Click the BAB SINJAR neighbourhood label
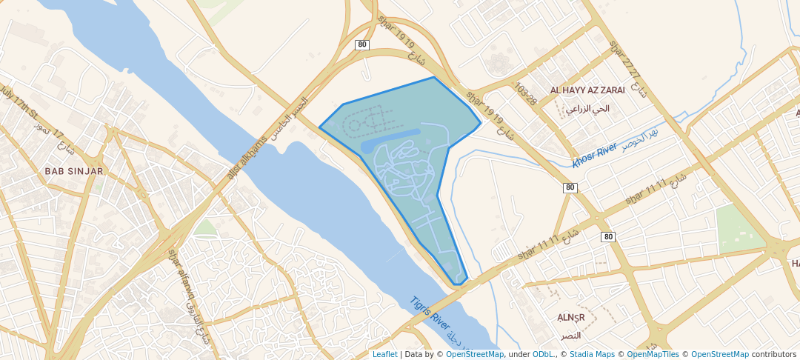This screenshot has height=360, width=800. [x=74, y=171]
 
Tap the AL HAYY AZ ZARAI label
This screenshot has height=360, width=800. [x=587, y=90]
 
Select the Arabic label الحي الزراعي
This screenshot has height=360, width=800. [x=587, y=108]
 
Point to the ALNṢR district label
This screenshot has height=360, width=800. [x=571, y=318]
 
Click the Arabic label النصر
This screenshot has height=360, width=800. [x=570, y=336]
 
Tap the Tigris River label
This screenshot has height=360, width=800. [x=430, y=314]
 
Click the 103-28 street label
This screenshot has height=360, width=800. [x=526, y=95]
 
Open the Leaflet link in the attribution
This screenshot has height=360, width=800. [x=384, y=354]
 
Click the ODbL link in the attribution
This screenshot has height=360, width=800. [x=543, y=354]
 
